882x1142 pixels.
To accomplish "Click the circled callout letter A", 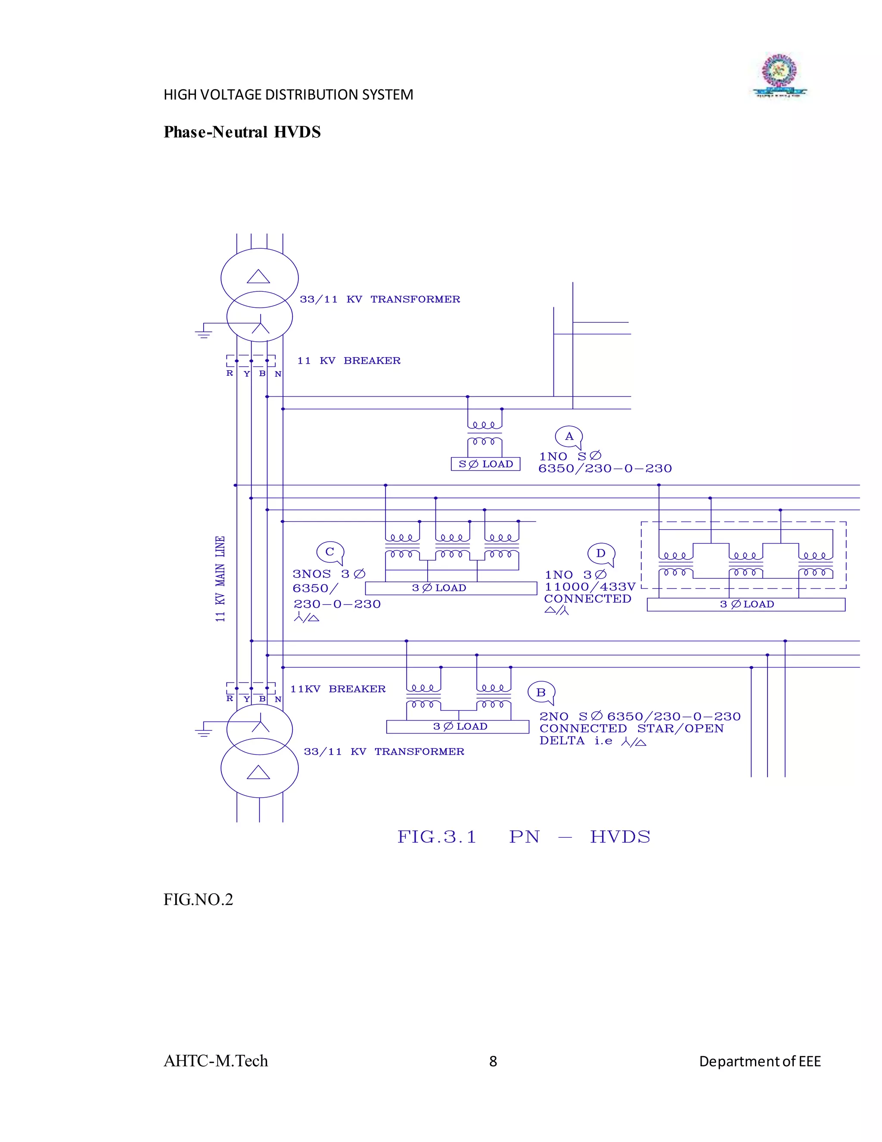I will click(569, 437).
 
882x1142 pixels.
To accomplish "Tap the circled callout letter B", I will click(541, 693).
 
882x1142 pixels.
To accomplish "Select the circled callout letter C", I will click(330, 552).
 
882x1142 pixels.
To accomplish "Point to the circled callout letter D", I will click(601, 553).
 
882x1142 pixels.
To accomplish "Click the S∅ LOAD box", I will click(485, 464).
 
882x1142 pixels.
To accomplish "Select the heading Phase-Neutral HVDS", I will click(242, 132).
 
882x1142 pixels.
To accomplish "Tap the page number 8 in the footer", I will click(493, 1061).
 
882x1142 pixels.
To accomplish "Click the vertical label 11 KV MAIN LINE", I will click(220, 578).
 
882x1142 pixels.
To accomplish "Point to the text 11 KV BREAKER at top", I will click(348, 361).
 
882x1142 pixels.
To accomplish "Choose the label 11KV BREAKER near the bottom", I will click(338, 689).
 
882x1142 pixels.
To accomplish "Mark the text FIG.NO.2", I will click(198, 899).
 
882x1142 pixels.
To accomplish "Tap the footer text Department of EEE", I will click(760, 1061).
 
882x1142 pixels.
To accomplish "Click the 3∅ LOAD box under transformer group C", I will click(450, 588).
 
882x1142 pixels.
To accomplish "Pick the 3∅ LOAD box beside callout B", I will click(458, 727).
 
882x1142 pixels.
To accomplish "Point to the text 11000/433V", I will click(590, 587).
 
